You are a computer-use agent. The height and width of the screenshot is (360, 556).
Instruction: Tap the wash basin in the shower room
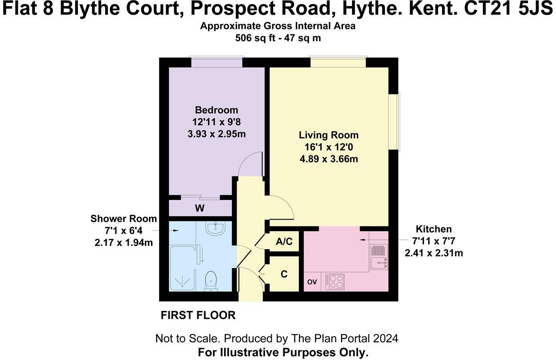217,229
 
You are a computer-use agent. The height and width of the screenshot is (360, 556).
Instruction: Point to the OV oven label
312,282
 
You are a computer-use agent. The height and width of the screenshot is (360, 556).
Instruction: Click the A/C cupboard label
284,242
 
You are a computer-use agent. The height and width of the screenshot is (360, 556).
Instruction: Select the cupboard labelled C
284,274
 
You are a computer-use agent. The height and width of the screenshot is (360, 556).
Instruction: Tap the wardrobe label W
200,208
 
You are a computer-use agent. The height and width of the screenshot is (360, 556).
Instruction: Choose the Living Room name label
329,135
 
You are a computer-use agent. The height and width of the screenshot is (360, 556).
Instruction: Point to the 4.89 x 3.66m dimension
329,159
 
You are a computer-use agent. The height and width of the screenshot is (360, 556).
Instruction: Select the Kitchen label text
433,229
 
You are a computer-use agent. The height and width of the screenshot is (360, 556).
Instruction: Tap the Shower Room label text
123,218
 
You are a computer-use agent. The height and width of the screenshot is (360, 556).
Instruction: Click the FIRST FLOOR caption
198,315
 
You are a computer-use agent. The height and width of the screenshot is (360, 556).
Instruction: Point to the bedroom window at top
217,62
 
